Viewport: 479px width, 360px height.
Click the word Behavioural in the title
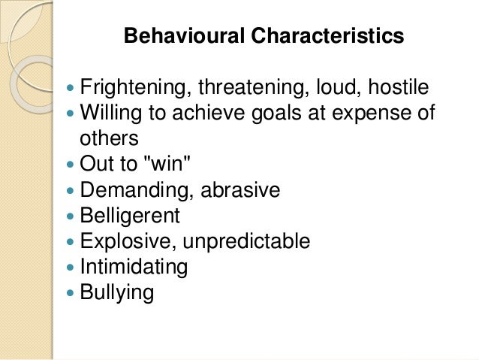[x=176, y=36]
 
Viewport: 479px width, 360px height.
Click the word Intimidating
[x=134, y=268]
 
